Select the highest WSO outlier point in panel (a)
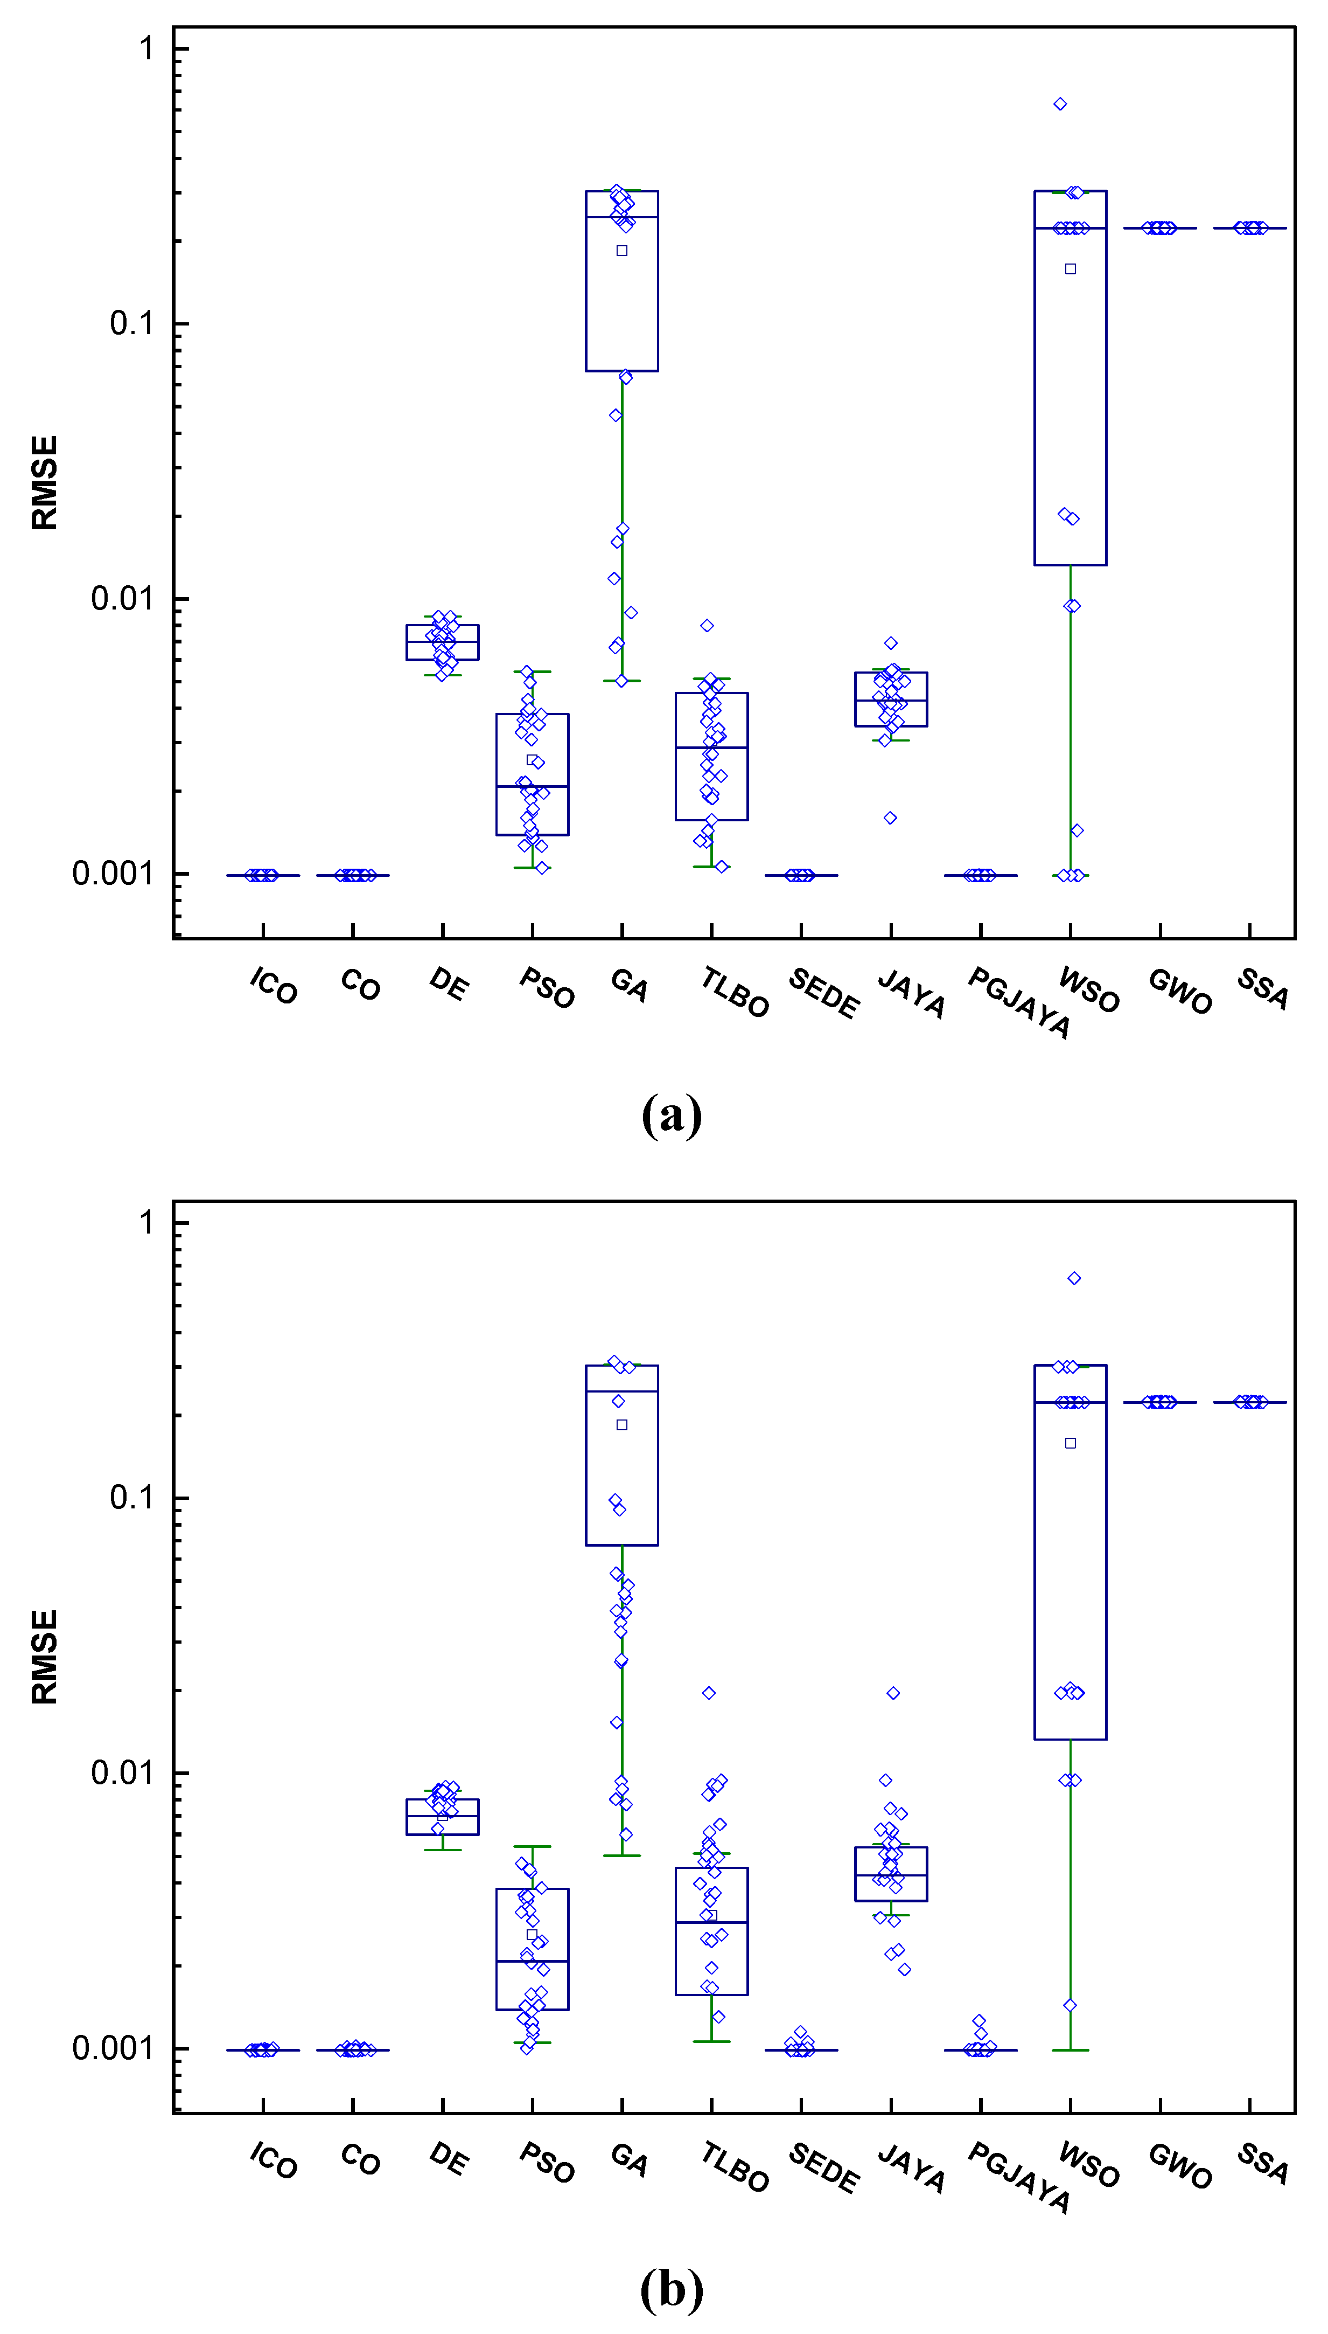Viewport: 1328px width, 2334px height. [x=1060, y=104]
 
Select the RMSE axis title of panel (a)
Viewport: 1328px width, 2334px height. [x=44, y=483]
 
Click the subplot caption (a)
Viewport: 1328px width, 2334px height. [x=672, y=1115]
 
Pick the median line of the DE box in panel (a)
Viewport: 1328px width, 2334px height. [x=442, y=641]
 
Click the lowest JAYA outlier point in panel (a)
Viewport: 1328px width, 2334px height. [x=890, y=818]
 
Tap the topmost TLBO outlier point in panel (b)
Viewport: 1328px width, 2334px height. [x=709, y=1693]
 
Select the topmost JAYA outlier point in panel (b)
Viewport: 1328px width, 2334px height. [x=893, y=1693]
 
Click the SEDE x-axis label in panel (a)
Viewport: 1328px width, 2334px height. [x=823, y=993]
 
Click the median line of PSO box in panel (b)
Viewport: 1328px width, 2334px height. [x=532, y=1962]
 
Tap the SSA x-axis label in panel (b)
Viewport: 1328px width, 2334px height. [x=1262, y=2163]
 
